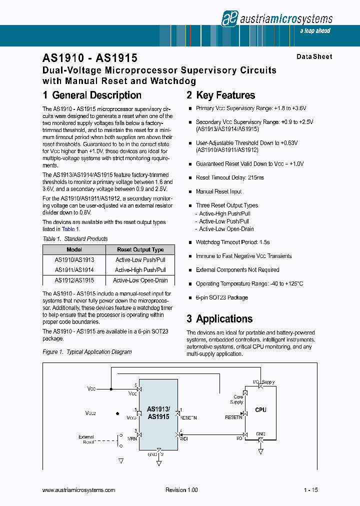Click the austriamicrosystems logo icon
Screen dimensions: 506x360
tap(229, 18)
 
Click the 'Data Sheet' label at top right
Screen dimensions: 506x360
tap(314, 57)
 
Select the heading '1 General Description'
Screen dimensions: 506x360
tap(92, 95)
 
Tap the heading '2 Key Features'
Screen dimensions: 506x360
tap(220, 95)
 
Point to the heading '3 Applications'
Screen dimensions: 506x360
tap(219, 319)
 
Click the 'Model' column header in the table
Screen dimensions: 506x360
tap(74, 249)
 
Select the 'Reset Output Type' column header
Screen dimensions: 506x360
tap(140, 249)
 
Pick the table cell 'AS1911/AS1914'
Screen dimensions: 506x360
tap(74, 270)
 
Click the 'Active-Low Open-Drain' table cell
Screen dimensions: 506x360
tap(140, 280)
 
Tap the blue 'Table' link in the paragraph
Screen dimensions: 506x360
tap(68, 229)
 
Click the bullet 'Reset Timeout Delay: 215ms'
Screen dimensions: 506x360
tap(230, 177)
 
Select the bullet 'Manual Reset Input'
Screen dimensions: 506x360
tap(218, 191)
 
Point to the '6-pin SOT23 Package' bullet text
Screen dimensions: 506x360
tap(221, 297)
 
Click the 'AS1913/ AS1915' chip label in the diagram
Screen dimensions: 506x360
tap(158, 413)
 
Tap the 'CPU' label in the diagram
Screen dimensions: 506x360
tap(260, 410)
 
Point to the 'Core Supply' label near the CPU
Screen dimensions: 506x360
tap(236, 399)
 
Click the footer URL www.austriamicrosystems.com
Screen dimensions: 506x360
tap(79, 490)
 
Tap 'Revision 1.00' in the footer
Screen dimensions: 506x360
tap(181, 490)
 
